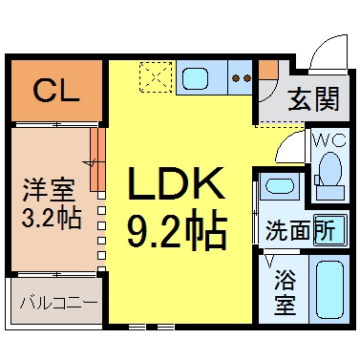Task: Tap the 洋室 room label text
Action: tap(49, 190)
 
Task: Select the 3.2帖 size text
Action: tap(52, 219)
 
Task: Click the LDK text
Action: tap(176, 183)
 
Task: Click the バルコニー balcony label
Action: tap(58, 303)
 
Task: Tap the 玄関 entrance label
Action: tap(313, 99)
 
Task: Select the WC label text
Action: tap(329, 139)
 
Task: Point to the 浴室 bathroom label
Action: tap(286, 292)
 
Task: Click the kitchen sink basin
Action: tap(195, 79)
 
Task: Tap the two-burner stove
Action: tap(241, 77)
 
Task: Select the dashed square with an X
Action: tap(156, 77)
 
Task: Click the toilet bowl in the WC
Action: tap(330, 169)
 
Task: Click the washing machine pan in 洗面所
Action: tap(329, 229)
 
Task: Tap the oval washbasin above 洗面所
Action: tap(278, 186)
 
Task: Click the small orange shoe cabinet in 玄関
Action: tap(268, 70)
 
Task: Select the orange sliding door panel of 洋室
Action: tap(97, 159)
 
